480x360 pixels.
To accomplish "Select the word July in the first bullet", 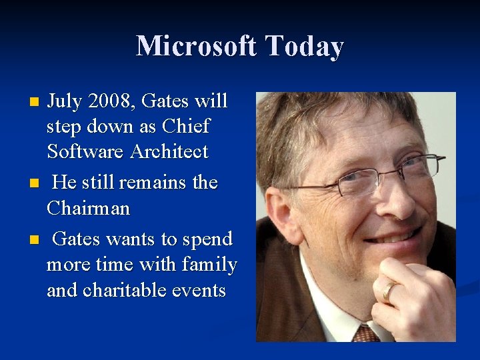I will tap(65, 101).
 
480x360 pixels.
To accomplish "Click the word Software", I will tap(86, 151).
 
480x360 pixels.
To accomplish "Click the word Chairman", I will tap(88, 209).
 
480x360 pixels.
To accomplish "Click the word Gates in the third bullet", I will tap(77, 239).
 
